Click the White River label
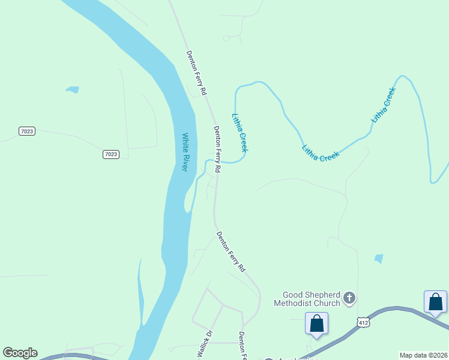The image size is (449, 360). tap(185, 152)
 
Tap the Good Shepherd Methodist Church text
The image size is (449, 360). tap(311, 299)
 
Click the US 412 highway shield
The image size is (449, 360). tap(363, 322)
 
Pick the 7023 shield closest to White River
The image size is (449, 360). tap(110, 154)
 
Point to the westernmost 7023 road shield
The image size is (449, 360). tap(26, 131)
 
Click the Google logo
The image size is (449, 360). tap(20, 353)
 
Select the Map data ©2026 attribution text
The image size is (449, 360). tap(424, 355)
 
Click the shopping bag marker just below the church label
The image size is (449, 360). tap(316, 324)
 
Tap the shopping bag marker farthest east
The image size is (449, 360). tap(435, 302)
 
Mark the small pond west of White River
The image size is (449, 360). tap(73, 90)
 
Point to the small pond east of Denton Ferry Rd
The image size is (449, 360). tap(378, 259)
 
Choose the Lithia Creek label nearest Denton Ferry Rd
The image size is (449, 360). tap(240, 133)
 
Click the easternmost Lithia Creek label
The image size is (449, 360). tap(384, 106)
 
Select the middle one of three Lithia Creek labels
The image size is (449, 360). tap(321, 153)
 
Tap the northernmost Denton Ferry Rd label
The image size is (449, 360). tap(196, 73)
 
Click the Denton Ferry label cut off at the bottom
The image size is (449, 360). tap(243, 345)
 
